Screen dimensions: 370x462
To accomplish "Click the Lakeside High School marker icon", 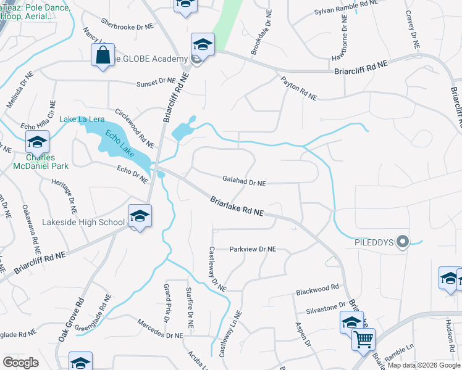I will click(x=140, y=216).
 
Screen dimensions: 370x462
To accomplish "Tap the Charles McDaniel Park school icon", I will click(x=37, y=143).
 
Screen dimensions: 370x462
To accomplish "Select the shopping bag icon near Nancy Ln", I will click(x=101, y=55).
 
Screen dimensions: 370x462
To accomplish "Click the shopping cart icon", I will click(x=363, y=339).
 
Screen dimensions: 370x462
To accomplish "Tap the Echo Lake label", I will click(x=120, y=143).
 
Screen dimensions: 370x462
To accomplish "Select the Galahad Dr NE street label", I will click(x=244, y=183).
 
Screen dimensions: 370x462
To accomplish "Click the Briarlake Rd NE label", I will click(x=237, y=207).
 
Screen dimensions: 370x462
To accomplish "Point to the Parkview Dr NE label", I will click(x=252, y=249).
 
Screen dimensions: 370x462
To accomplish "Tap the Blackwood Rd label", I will click(x=317, y=287).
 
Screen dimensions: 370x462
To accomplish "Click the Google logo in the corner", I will click(x=20, y=363).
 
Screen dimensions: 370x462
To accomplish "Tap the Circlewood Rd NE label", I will click(x=134, y=128).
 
